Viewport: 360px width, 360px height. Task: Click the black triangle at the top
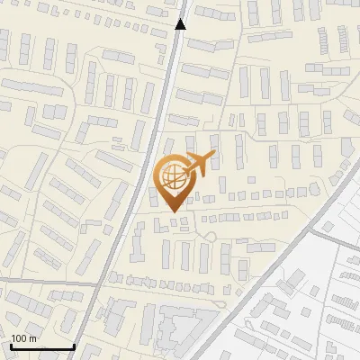181,24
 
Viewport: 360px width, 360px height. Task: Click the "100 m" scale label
23,338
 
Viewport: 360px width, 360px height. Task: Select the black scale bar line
42,347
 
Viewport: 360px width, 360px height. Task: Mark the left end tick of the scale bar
11,346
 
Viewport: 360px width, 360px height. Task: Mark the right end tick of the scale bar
74,346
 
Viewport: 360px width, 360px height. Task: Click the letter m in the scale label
32,338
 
